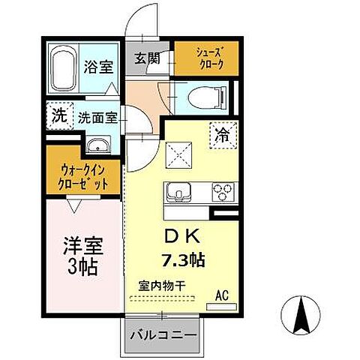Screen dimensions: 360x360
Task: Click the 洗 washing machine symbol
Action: [x=58, y=116]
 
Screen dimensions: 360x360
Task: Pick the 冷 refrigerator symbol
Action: [x=224, y=136]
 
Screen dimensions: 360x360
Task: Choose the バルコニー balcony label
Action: [x=161, y=334]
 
